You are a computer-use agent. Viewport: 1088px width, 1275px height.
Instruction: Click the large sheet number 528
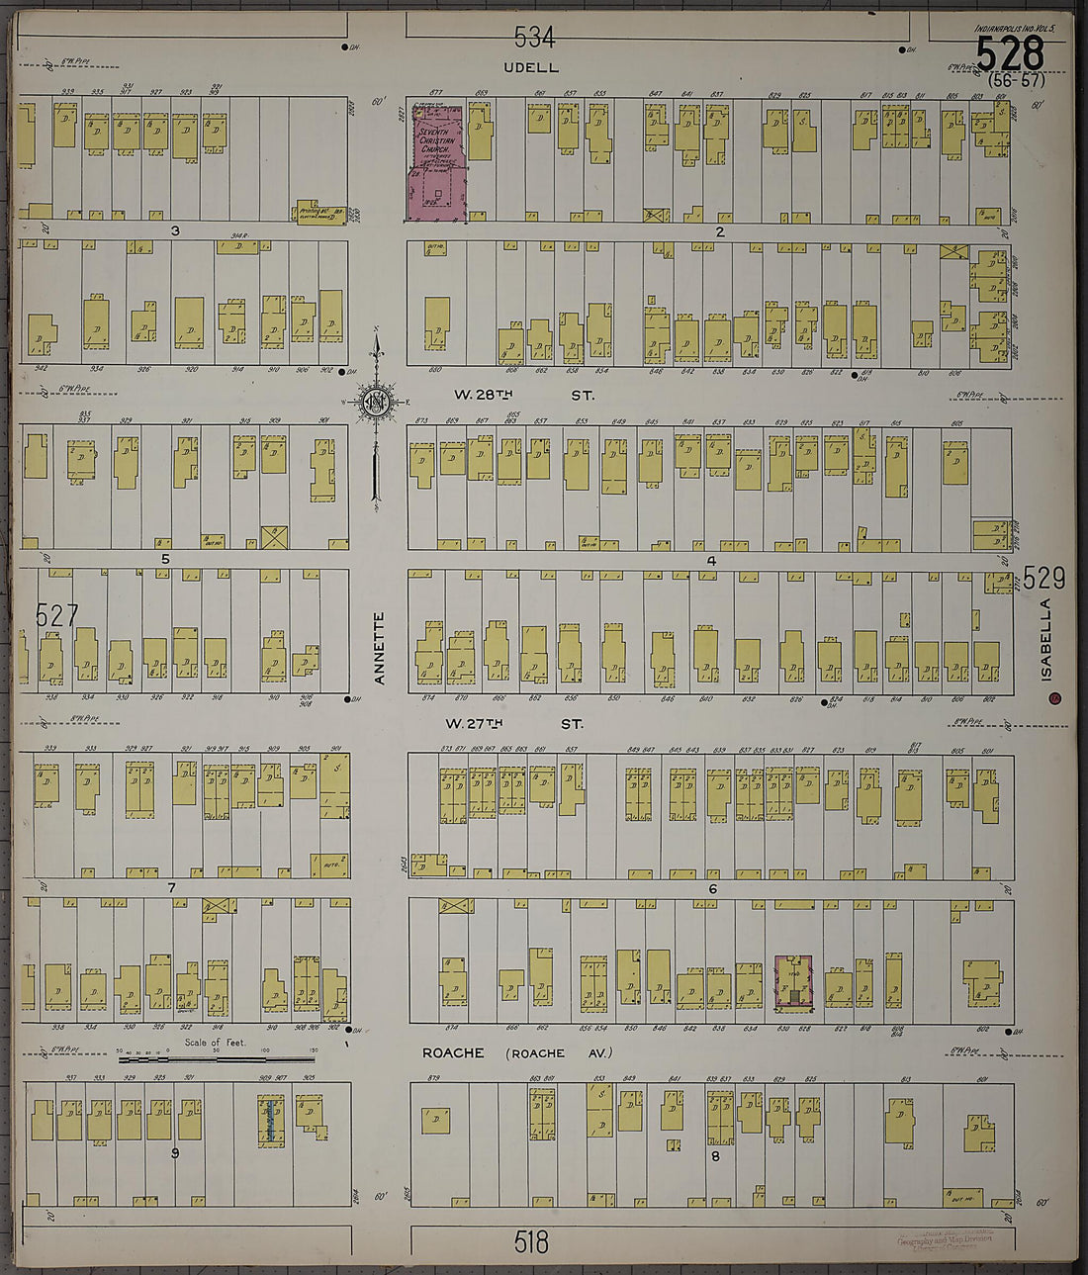(1009, 52)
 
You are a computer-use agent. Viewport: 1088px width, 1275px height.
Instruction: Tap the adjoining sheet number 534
(534, 38)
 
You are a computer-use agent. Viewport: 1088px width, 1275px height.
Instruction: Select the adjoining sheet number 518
(531, 1242)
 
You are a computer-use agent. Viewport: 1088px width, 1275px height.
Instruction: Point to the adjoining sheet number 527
(56, 615)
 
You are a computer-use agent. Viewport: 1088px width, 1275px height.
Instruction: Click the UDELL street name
(531, 67)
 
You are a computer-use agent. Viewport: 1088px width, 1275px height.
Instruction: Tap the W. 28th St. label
(524, 395)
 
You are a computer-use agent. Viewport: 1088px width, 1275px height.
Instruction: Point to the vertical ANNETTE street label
(379, 648)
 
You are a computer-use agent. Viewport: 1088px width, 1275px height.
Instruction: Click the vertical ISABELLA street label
(1046, 639)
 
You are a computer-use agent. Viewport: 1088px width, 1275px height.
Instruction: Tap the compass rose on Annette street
(376, 402)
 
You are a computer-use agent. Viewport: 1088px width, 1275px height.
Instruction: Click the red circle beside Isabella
(1055, 698)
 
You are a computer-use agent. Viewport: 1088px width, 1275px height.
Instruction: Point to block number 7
(171, 887)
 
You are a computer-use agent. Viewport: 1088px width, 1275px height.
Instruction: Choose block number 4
(710, 561)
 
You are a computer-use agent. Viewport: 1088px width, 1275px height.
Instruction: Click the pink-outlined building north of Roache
(793, 981)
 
